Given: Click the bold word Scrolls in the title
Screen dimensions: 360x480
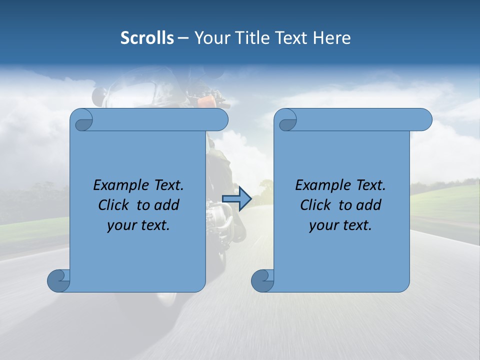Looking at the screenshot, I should pyautogui.click(x=147, y=38).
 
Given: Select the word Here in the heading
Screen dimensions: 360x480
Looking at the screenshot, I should pyautogui.click(x=332, y=38).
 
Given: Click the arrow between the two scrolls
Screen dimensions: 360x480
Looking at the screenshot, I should pyautogui.click(x=236, y=199).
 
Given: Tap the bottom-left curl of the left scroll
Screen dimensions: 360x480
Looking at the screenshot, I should pyautogui.click(x=59, y=280).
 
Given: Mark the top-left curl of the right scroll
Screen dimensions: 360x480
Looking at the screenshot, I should pyautogui.click(x=287, y=120).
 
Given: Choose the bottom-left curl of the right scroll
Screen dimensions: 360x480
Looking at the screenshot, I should pyautogui.click(x=262, y=280).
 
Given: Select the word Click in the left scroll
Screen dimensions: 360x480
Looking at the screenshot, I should pyautogui.click(x=115, y=205).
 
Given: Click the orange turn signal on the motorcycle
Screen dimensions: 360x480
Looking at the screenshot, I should pyautogui.click(x=207, y=101).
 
